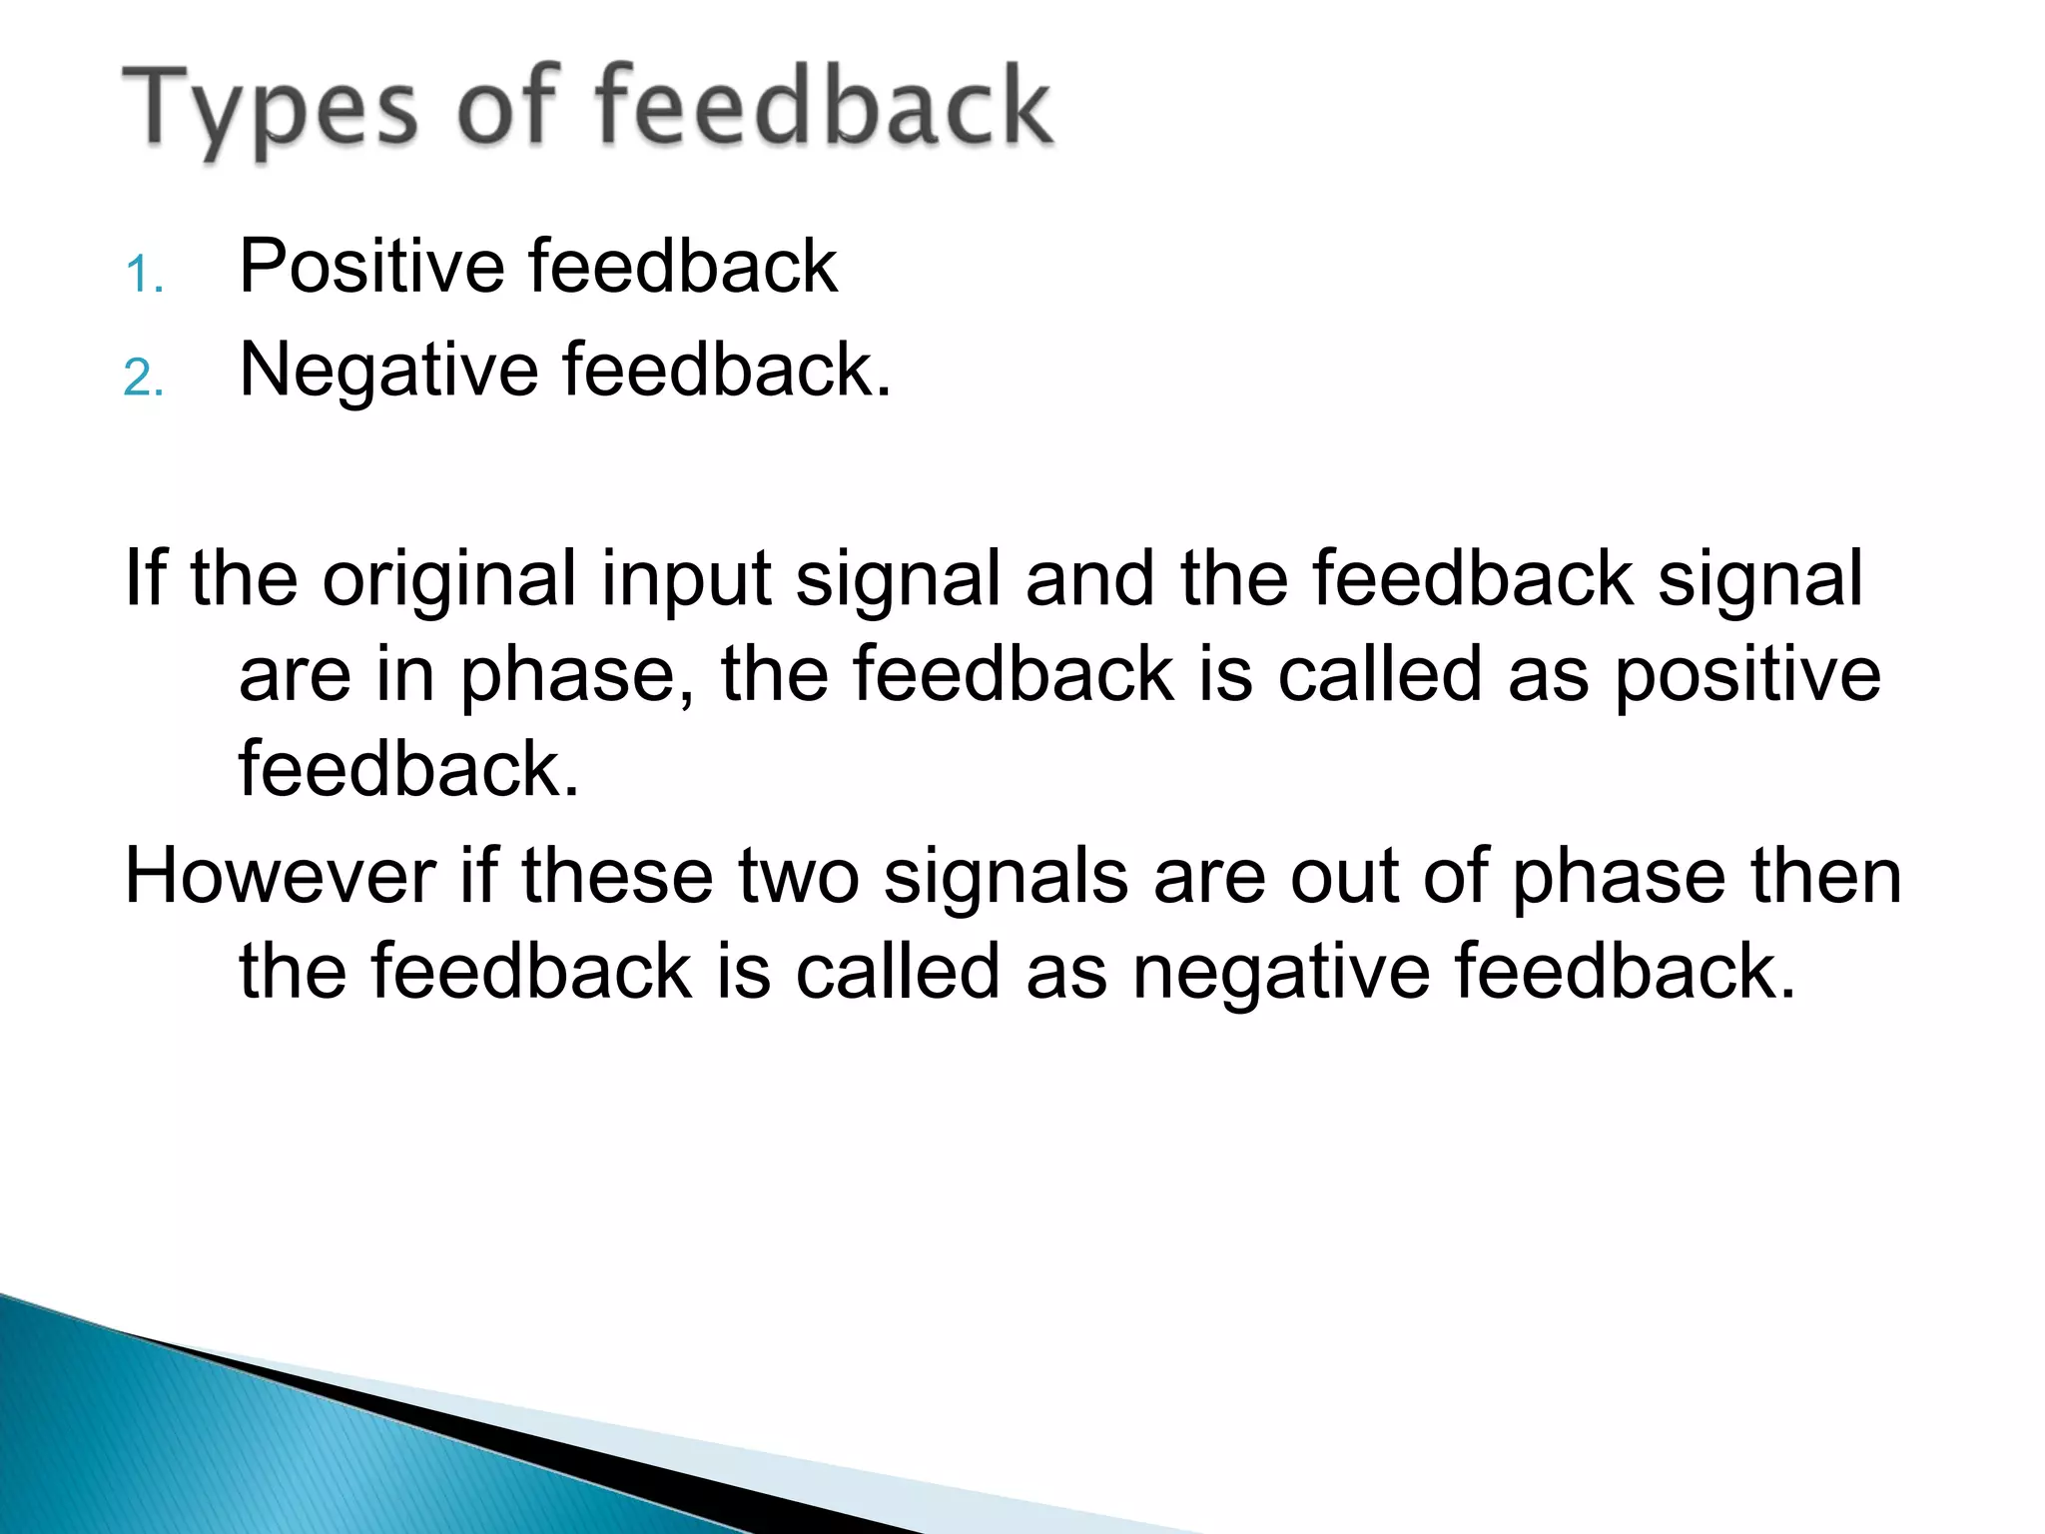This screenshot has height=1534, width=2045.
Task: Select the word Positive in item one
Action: click(x=371, y=267)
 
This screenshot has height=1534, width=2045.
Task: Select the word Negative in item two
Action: click(x=389, y=371)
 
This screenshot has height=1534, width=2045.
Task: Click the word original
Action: click(x=448, y=578)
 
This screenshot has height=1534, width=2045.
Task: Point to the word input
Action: click(x=685, y=580)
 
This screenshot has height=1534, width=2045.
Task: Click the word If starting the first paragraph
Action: click(x=144, y=578)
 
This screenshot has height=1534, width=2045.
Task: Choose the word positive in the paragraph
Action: click(x=1746, y=675)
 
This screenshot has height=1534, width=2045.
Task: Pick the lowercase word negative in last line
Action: click(x=1280, y=972)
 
